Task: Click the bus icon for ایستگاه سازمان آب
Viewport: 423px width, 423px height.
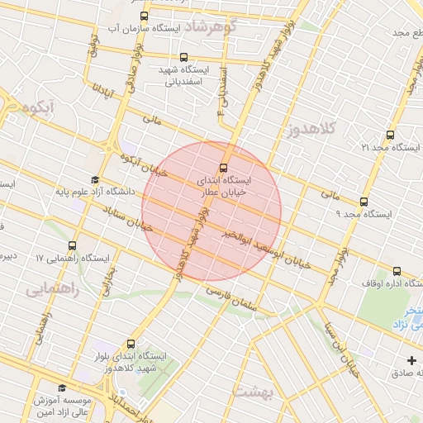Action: pyautogui.click(x=145, y=16)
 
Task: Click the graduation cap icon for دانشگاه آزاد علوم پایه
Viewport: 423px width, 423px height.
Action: pyautogui.click(x=94, y=180)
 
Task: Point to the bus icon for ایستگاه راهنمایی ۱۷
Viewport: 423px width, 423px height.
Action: pyautogui.click(x=72, y=245)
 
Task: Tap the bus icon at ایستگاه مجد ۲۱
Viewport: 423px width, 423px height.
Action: pyautogui.click(x=390, y=135)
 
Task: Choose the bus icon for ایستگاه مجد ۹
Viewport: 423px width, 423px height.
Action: pyautogui.click(x=364, y=202)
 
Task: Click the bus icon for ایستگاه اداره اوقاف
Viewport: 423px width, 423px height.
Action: pyautogui.click(x=397, y=271)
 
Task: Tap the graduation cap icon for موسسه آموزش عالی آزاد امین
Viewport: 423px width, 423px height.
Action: pyautogui.click(x=61, y=387)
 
